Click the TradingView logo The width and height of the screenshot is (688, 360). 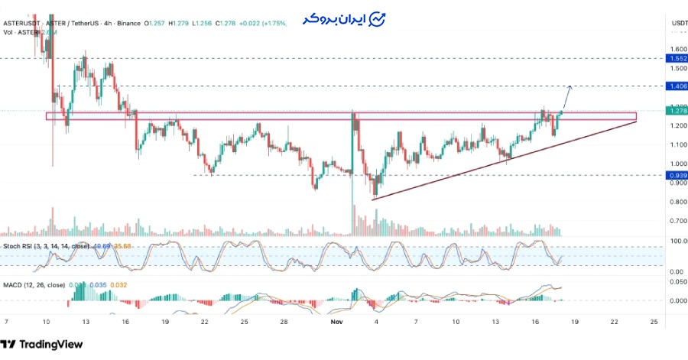[x=42, y=344]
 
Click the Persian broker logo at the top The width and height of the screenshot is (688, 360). [x=344, y=18]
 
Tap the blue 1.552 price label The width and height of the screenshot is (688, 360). [x=677, y=59]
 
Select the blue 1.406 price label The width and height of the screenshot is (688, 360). [x=677, y=86]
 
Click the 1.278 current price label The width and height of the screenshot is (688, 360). [x=677, y=111]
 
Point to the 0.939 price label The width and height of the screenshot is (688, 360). [x=677, y=175]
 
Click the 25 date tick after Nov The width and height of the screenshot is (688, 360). [x=653, y=323]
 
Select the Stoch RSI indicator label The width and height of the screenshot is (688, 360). [x=21, y=246]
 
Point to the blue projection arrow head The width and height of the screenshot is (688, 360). [x=570, y=86]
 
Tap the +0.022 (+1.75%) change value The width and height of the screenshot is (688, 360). [x=261, y=24]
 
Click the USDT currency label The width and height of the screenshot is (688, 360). [x=678, y=24]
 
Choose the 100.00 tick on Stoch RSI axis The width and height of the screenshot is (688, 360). [x=677, y=242]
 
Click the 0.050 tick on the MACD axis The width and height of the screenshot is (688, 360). [x=677, y=282]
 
